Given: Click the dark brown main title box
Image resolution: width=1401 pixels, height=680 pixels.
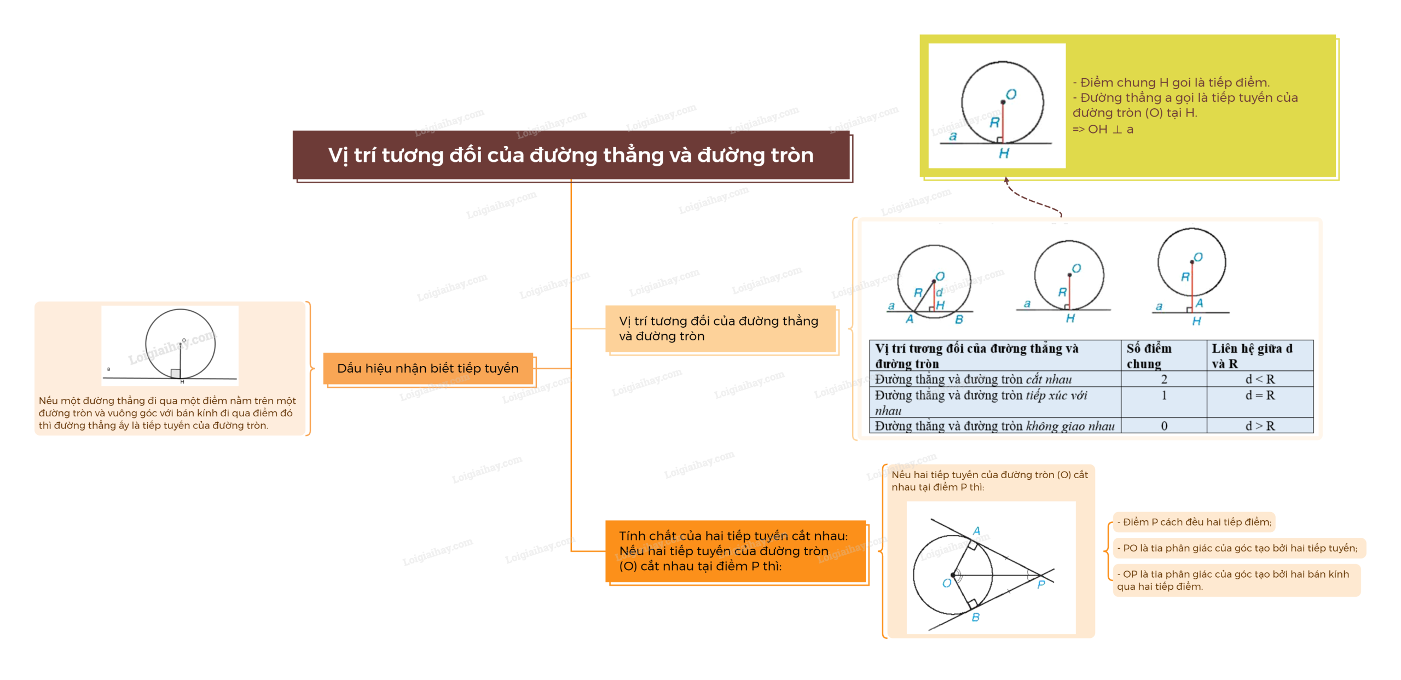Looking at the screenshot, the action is tap(571, 155).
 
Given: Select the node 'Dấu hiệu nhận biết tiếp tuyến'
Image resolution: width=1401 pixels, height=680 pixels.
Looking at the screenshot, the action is tap(427, 368).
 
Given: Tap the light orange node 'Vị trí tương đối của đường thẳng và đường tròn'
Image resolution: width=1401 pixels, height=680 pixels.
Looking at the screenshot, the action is tap(720, 328).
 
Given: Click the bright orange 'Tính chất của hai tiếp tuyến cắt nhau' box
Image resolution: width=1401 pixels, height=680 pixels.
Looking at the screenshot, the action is tap(735, 551).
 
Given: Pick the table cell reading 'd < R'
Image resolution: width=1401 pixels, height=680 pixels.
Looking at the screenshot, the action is tap(1260, 379).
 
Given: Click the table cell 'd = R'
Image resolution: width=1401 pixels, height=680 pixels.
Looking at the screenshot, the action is tap(1260, 395).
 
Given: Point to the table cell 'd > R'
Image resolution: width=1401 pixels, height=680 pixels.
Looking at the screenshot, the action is tap(1260, 426).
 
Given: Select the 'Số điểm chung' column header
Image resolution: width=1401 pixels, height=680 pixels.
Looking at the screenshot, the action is tap(1149, 356).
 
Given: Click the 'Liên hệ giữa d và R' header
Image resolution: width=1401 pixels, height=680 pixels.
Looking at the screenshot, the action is tap(1252, 356).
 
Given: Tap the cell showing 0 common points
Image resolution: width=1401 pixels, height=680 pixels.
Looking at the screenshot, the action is tap(1164, 426).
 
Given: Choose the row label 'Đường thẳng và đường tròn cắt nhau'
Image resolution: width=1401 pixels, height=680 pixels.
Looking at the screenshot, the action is tap(973, 379).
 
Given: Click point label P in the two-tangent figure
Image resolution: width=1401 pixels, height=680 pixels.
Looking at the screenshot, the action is tap(1041, 585).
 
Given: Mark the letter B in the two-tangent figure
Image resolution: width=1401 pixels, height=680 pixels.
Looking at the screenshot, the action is tap(975, 617).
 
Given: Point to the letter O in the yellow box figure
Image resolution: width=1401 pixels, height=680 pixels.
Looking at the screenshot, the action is tap(1011, 95).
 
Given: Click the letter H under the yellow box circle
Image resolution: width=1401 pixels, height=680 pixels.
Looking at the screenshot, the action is tap(1004, 154).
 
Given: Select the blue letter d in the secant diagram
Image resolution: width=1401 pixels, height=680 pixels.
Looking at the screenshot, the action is tap(939, 293).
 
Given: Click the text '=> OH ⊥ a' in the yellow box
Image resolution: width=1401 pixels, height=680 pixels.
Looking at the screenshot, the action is tap(1102, 130).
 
